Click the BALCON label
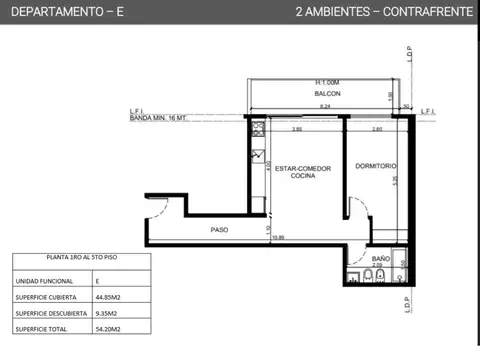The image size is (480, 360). [x=328, y=93]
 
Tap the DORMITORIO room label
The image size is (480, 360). [x=375, y=166]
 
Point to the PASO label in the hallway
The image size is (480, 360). [x=220, y=229]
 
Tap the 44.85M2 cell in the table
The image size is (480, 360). [x=108, y=297]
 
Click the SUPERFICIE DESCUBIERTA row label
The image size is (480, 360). [x=49, y=312]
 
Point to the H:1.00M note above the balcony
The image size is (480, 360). [x=328, y=82]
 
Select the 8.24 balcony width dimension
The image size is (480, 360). [x=325, y=105]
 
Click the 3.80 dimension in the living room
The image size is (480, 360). [x=297, y=129]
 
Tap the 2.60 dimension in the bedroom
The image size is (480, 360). [x=376, y=129]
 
